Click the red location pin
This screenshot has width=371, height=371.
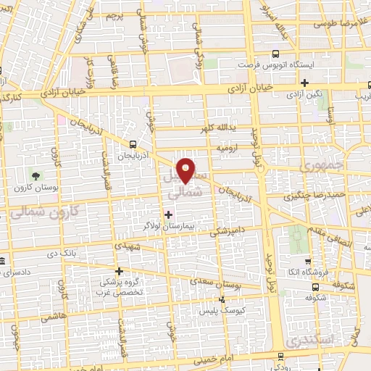coord(186,169)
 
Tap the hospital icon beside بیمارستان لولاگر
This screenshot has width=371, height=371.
coord(169,214)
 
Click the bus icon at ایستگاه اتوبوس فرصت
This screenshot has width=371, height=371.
coord(276,54)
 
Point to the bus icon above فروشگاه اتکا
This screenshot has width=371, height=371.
coord(309,262)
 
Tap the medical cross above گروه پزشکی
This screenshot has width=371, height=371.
coord(119,271)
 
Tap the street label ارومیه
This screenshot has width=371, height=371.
coord(227,147)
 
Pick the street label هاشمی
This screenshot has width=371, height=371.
coord(54,316)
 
